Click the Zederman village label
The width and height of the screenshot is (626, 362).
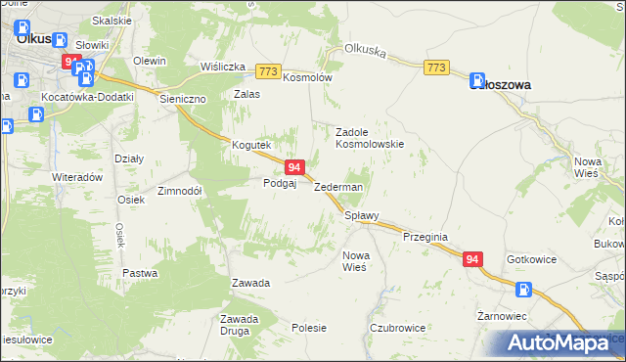coord(338,187)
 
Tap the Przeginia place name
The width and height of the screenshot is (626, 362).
coord(425,237)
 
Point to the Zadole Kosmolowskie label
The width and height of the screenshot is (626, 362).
coord(370,136)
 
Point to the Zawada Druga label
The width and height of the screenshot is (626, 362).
coord(240,324)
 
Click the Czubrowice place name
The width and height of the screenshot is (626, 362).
coord(395,328)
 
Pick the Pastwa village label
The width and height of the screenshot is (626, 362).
coord(140,273)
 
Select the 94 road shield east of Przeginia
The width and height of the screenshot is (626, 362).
coord(472,259)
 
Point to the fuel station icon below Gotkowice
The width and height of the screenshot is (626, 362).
coord(524,289)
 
